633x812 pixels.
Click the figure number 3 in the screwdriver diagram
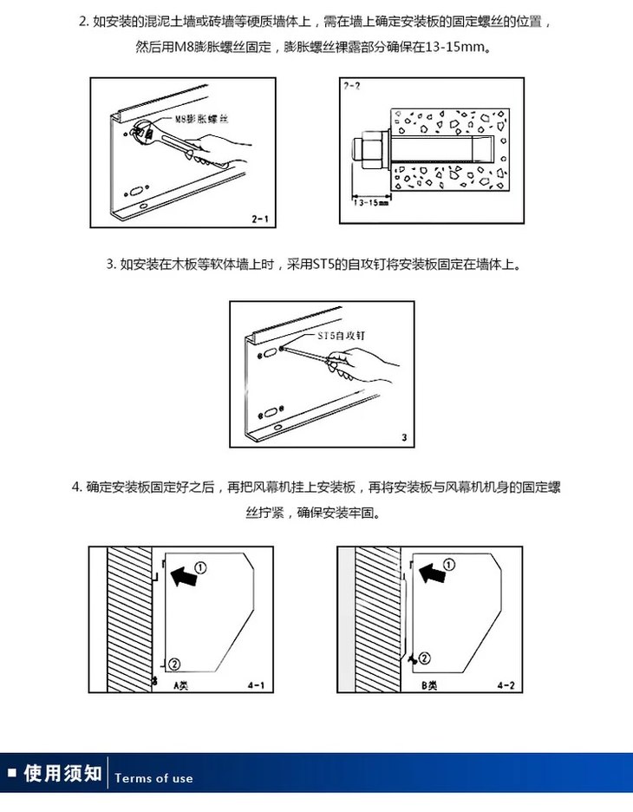405,437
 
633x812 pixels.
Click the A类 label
181,684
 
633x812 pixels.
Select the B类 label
429,684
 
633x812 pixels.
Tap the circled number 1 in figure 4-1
199,566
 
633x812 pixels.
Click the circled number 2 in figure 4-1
173,664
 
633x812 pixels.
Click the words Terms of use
154,778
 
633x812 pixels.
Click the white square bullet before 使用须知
12,773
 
